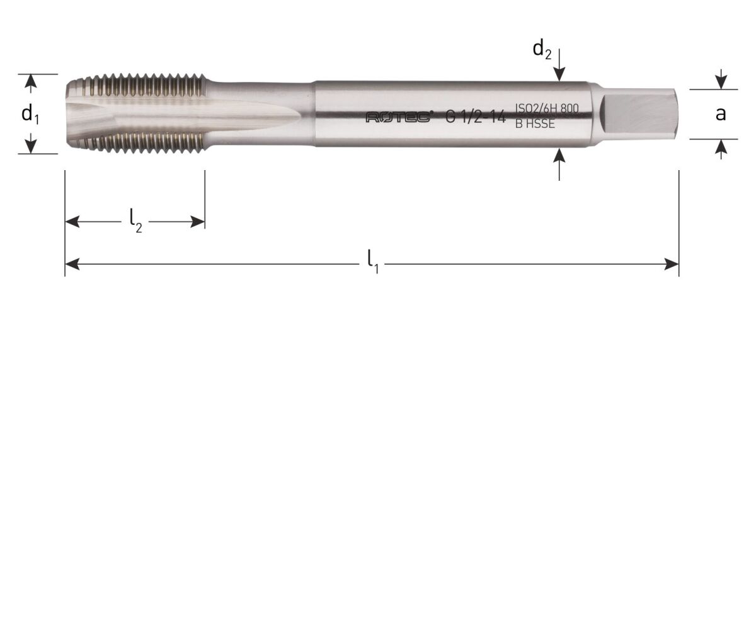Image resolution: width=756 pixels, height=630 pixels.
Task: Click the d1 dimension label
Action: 30,115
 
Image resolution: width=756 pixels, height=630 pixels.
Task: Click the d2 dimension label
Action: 542,49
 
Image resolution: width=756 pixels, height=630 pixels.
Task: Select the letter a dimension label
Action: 721,114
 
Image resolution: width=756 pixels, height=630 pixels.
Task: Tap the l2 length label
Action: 135,220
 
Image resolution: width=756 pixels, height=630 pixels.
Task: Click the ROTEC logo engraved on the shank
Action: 399,117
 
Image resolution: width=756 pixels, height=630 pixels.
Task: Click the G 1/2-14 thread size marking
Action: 476,117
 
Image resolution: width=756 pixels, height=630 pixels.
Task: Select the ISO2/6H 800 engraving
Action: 546,109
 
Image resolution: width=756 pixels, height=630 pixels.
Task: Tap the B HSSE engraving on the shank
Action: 535,124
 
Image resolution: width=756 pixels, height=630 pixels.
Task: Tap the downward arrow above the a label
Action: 721,83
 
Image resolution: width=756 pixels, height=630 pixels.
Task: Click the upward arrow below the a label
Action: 721,146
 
